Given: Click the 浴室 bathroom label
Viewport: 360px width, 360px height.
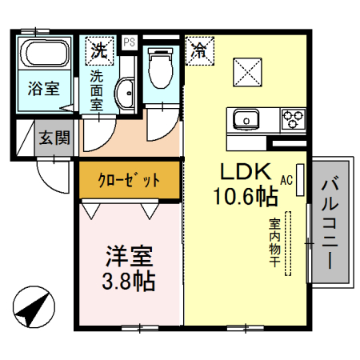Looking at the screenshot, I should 43,88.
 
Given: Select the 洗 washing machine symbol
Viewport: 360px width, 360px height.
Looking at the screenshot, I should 99,50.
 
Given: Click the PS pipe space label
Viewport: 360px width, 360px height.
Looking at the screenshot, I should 129,40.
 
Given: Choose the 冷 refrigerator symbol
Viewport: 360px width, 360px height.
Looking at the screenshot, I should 198,50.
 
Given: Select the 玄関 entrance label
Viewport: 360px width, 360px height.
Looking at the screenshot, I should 54,138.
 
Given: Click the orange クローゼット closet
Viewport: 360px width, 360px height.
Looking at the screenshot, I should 129,180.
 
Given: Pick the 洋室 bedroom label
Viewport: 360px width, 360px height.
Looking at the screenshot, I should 129,258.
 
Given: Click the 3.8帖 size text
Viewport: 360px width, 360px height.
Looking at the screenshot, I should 129,282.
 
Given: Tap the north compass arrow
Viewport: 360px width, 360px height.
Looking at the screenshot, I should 32,308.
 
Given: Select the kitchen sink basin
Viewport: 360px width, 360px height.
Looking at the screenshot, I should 245,121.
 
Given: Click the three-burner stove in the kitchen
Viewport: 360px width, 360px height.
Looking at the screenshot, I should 292,119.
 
